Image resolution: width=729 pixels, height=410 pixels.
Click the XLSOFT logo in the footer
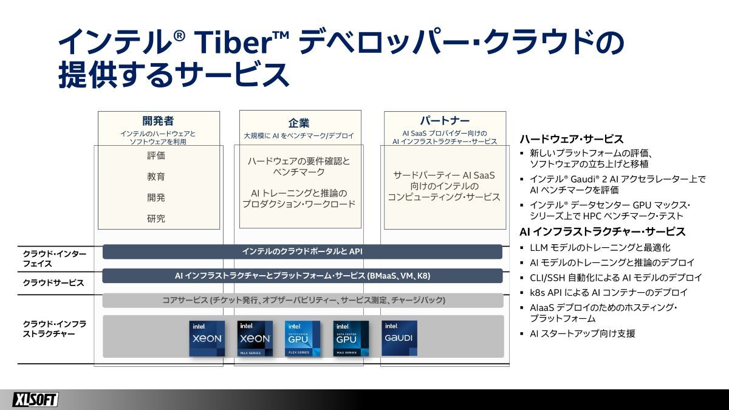coord(35,400)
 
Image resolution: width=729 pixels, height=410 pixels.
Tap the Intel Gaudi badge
coord(399,338)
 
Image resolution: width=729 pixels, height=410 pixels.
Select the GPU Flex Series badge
coord(303,339)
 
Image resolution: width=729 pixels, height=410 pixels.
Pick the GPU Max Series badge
coord(351,339)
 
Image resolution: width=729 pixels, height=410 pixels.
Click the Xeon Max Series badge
coord(255,339)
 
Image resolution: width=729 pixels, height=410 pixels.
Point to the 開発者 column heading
coord(158,121)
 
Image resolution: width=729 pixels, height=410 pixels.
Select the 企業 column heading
coord(299,123)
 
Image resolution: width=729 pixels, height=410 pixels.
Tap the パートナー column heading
coord(445,121)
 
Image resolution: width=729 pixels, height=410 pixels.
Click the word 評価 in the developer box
coord(156,155)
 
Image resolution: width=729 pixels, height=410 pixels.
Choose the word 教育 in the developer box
coord(156,177)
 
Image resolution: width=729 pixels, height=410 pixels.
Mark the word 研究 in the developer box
coord(156,218)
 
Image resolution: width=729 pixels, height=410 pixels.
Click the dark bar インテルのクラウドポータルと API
coord(303,251)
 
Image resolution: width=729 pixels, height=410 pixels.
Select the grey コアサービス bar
coord(303,300)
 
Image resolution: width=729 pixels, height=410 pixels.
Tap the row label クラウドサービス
coord(53,283)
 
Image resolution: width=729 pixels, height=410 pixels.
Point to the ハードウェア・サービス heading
coord(572,139)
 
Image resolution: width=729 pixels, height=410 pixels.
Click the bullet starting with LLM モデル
coord(600,248)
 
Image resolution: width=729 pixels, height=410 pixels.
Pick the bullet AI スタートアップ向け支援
coord(583,333)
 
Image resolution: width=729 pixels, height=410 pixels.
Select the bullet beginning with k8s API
coord(609,293)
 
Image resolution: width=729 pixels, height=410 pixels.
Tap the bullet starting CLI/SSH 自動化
coord(616,278)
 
